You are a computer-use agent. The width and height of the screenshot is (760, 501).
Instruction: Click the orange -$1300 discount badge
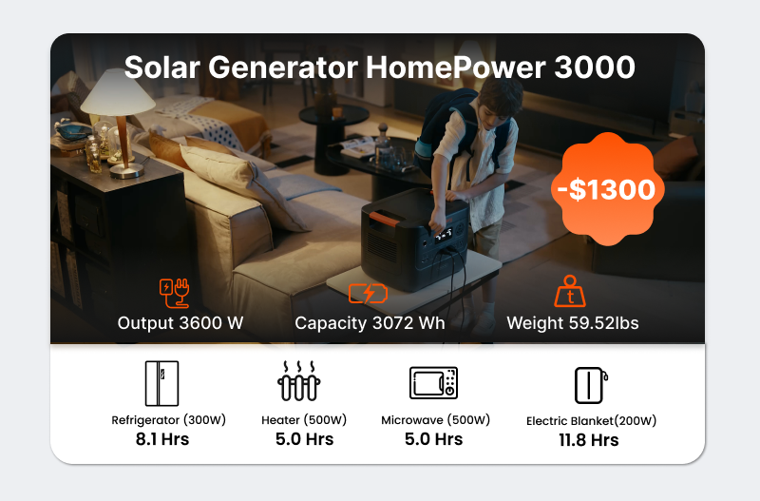pyautogui.click(x=607, y=188)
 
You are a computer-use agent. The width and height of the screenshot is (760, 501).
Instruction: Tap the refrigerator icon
pyautogui.click(x=161, y=383)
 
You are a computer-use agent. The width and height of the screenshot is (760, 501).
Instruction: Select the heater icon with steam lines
pyautogui.click(x=299, y=380)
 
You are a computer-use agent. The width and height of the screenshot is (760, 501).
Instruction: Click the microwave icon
pyautogui.click(x=433, y=383)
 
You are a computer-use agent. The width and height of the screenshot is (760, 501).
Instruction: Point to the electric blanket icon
pyautogui.click(x=591, y=385)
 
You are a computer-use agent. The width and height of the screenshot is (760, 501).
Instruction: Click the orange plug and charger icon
pyautogui.click(x=175, y=293)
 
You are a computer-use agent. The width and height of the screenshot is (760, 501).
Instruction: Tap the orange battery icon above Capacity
pyautogui.click(x=368, y=294)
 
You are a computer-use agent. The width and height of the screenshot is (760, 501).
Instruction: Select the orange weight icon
pyautogui.click(x=570, y=291)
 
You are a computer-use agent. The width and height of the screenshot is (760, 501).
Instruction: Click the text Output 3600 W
pyautogui.click(x=180, y=323)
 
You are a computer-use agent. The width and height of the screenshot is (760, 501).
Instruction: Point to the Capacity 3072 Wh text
pyautogui.click(x=370, y=323)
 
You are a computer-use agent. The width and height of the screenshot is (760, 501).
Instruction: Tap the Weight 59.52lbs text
pyautogui.click(x=573, y=323)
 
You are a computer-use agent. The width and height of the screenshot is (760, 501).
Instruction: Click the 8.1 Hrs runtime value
pyautogui.click(x=162, y=439)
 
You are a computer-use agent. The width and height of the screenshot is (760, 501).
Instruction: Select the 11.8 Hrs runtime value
pyautogui.click(x=589, y=440)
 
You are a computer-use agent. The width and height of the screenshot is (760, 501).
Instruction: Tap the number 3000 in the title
pyautogui.click(x=595, y=67)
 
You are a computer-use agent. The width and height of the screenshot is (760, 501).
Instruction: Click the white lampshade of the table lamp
pyautogui.click(x=118, y=92)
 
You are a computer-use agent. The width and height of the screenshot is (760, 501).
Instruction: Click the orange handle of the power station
pyautogui.click(x=385, y=220)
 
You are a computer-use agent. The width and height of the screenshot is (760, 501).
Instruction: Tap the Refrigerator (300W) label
pyautogui.click(x=169, y=420)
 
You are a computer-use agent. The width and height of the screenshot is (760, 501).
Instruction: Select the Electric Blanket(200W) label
pyautogui.click(x=591, y=420)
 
